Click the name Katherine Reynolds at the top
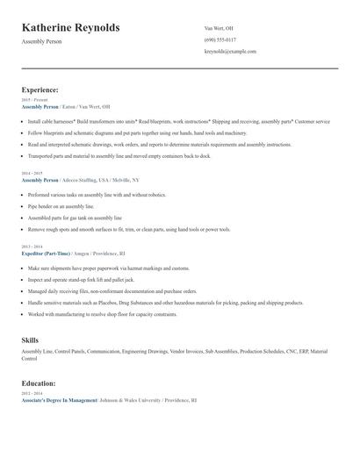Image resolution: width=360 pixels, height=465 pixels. [70, 28]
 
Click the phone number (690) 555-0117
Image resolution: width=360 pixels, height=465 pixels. [220, 39]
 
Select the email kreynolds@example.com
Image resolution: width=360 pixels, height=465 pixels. [230, 52]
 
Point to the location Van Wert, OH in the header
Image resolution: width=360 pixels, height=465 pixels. [219, 28]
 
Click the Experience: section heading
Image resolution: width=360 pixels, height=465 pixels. [40, 89]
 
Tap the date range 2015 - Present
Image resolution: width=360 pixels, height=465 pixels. [35, 100]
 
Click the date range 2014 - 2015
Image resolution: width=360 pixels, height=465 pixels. [33, 174]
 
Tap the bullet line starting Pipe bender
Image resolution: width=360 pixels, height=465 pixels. [61, 206]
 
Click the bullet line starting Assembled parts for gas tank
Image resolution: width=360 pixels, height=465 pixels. [75, 218]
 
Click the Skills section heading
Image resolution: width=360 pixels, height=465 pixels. [30, 339]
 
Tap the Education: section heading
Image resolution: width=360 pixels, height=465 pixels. [40, 383]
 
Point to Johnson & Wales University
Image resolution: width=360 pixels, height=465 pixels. [131, 399]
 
